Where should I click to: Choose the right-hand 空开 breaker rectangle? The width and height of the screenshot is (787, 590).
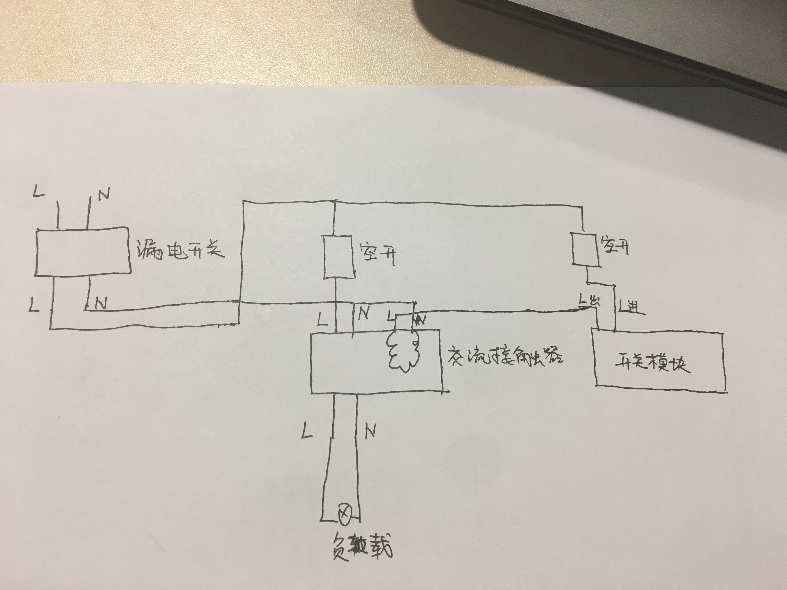(x=585, y=248)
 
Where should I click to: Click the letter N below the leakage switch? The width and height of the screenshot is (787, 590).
(x=101, y=303)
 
